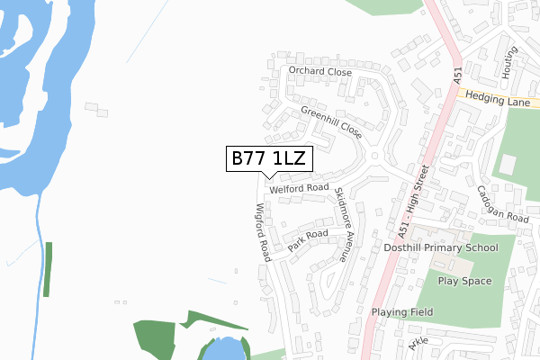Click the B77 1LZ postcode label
269,159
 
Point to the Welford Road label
298,188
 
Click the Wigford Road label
263,231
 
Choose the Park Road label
308,240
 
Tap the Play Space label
464,281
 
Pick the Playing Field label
402,312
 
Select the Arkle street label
418,346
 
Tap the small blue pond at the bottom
223,349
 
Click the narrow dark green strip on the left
48,268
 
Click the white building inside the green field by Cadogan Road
508,166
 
